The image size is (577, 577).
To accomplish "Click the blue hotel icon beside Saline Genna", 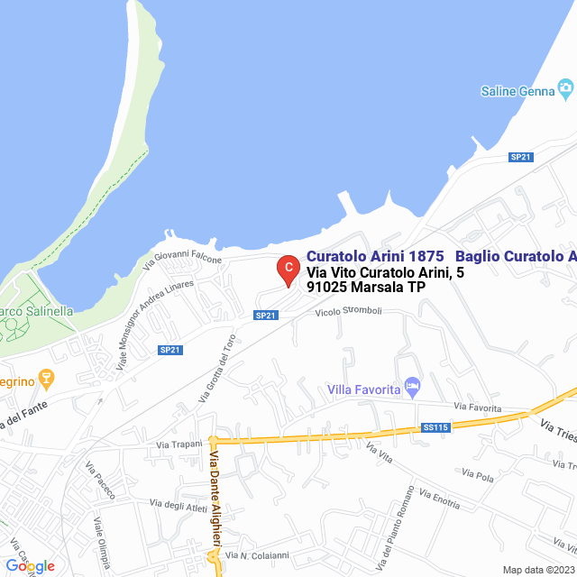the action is pyautogui.click(x=566, y=88).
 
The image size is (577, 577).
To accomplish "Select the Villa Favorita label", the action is pyautogui.click(x=363, y=389).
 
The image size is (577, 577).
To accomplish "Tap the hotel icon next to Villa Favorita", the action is pyautogui.click(x=413, y=387).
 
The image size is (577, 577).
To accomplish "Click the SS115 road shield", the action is pyautogui.click(x=435, y=427).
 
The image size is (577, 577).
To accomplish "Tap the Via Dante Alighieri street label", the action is pyautogui.click(x=215, y=499).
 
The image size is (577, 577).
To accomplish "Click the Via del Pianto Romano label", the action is pyautogui.click(x=396, y=529).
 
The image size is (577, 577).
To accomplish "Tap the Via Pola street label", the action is pyautogui.click(x=478, y=472).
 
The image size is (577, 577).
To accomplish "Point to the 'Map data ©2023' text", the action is pyautogui.click(x=538, y=570).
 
